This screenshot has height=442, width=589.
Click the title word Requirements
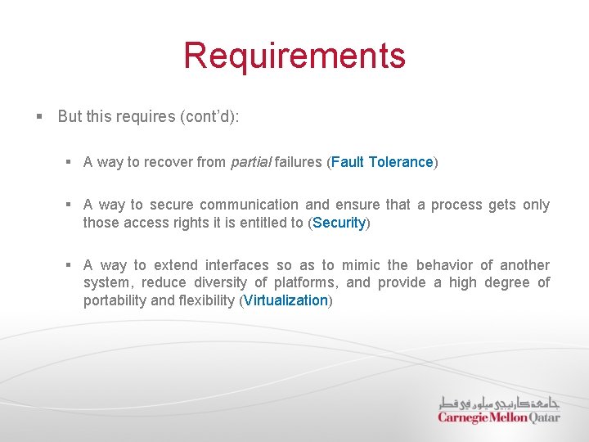click(294, 56)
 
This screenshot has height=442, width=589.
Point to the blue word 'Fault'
click(348, 162)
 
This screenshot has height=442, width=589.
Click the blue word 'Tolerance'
click(401, 162)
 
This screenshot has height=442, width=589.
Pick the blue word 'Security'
click(339, 223)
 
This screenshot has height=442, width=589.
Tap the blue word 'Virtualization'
click(286, 300)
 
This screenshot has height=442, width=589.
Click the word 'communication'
click(249, 205)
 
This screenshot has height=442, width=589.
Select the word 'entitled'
click(246, 223)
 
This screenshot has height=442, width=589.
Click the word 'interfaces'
click(236, 265)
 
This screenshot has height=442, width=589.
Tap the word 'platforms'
click(305, 282)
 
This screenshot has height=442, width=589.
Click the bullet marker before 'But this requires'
click(39, 116)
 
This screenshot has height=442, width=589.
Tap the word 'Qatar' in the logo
click(544, 417)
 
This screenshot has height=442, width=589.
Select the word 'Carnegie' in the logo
click(462, 417)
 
